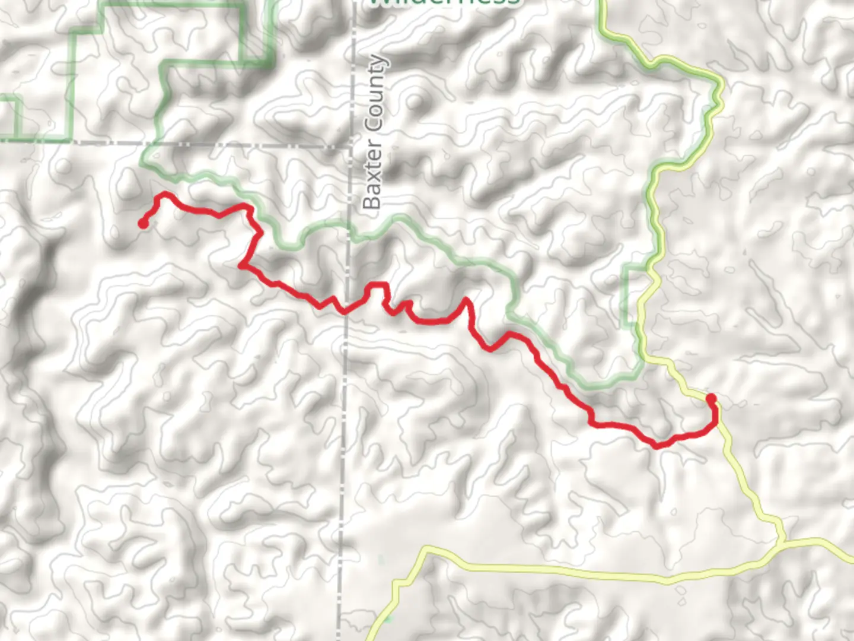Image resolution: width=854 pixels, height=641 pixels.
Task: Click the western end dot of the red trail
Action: (x=143, y=223)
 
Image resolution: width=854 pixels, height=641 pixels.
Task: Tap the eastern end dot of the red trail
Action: (x=710, y=398)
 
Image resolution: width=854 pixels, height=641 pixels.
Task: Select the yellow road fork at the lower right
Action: (x=782, y=541)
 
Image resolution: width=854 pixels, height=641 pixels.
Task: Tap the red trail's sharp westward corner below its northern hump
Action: (x=241, y=265)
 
